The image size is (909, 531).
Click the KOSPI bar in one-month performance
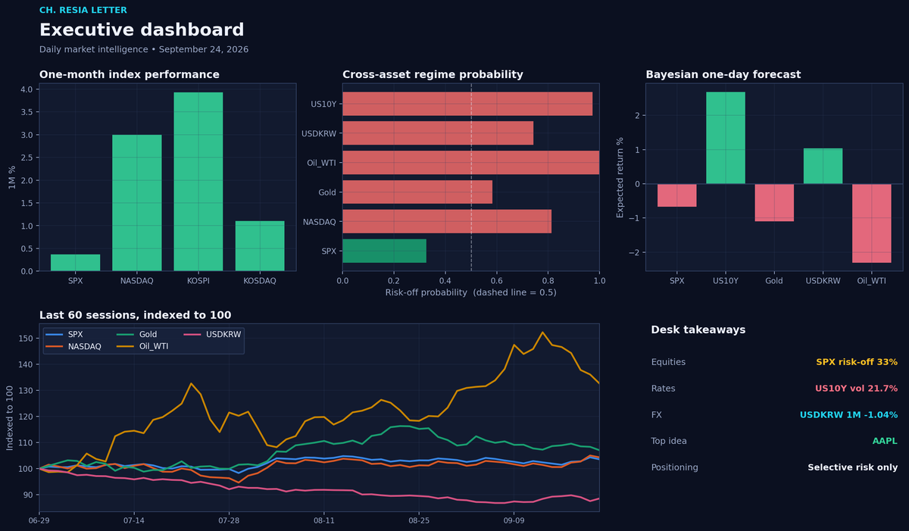point(198,181)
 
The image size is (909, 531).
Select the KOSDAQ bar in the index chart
point(260,246)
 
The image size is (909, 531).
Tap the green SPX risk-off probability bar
point(384,251)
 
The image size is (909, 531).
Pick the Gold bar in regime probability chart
point(417,192)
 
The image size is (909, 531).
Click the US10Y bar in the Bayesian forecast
point(726,138)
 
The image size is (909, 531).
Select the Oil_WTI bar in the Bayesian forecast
point(872,223)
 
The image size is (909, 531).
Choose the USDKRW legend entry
point(212,334)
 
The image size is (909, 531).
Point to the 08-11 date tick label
point(324,520)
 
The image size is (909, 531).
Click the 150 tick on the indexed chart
point(26,339)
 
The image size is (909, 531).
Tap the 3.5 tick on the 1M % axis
point(27,112)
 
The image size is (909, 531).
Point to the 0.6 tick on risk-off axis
point(496,281)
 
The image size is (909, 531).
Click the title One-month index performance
point(129,74)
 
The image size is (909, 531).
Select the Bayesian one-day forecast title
point(723,74)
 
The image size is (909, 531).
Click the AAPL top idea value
point(885,441)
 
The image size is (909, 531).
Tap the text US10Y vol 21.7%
point(856,388)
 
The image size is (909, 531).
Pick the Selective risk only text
point(853,467)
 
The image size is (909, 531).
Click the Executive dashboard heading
point(142,30)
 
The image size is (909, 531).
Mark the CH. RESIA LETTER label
point(83,10)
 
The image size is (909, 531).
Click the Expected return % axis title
point(620,177)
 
